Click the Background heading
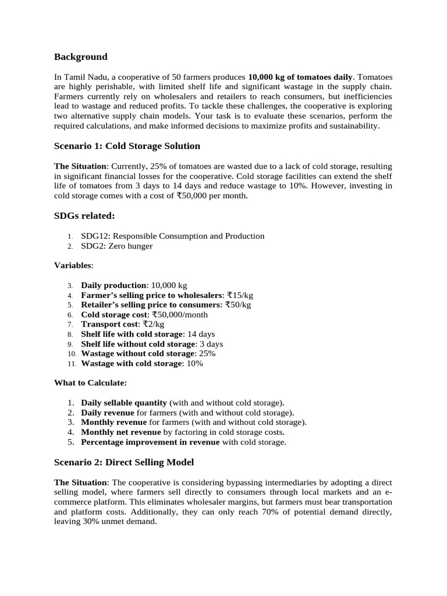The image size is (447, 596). pos(80,56)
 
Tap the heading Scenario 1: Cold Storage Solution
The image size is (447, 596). pos(127,146)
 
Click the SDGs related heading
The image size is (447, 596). pos(84,216)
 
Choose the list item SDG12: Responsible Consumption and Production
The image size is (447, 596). pos(172,236)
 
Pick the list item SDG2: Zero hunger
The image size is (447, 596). pos(116,246)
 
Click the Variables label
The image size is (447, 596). pos(73,265)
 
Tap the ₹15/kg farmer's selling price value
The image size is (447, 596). pos(240,295)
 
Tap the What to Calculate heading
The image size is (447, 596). pos(90,383)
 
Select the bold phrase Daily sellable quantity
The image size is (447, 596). pos(124,403)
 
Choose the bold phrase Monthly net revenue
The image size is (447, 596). pos(120,432)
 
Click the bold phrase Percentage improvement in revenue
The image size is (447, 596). pos(150,442)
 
